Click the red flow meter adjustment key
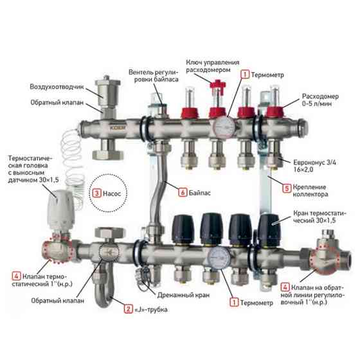pyautogui.click(x=218, y=86)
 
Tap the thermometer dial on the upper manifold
pyautogui.click(x=224, y=127)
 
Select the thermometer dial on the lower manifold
pyautogui.click(x=220, y=258)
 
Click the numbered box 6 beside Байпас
pyautogui.click(x=183, y=192)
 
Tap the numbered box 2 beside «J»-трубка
pyautogui.click(x=128, y=309)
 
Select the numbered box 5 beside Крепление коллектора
pyautogui.click(x=287, y=188)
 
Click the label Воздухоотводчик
pyautogui.click(x=57, y=87)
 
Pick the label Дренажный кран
pyautogui.click(x=183, y=295)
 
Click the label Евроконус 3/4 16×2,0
pyautogui.click(x=314, y=166)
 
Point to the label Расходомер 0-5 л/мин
pyautogui.click(x=320, y=100)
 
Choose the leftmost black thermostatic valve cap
pyautogui.click(x=183, y=229)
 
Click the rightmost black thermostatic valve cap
pyautogui.click(x=269, y=230)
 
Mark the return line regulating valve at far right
pyautogui.click(x=329, y=254)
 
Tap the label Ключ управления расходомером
pyautogui.click(x=212, y=66)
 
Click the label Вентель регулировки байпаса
pyautogui.click(x=154, y=76)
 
